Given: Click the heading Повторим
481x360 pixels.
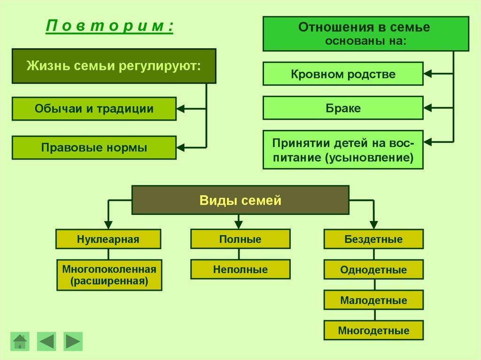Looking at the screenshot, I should coord(109,26).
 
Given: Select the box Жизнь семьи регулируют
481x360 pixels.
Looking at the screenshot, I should coord(114,66).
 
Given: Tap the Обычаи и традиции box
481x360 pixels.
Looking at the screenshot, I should coord(94,109).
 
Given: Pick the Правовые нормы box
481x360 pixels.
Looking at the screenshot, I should coord(94,148).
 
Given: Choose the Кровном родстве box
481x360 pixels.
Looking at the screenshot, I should coord(343,74).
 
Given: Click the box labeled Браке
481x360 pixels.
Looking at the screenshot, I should coord(343,108).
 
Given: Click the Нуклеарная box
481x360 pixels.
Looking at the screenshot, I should coord(108,239).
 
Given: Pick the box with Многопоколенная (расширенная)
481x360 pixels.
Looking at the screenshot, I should coord(109,276).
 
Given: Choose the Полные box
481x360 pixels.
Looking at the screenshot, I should coord(240,239).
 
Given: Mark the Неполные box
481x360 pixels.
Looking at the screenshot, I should coord(240,269).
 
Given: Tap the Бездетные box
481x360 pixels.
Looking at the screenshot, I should coord(373,239).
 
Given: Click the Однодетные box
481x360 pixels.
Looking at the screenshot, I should coord(373,270).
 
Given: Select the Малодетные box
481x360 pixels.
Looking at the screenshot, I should coord(373,300).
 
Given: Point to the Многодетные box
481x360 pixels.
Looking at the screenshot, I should coord(373,330).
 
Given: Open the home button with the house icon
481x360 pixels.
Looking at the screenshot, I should coord(20,341).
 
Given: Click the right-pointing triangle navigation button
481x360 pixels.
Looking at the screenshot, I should coord(73,341).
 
